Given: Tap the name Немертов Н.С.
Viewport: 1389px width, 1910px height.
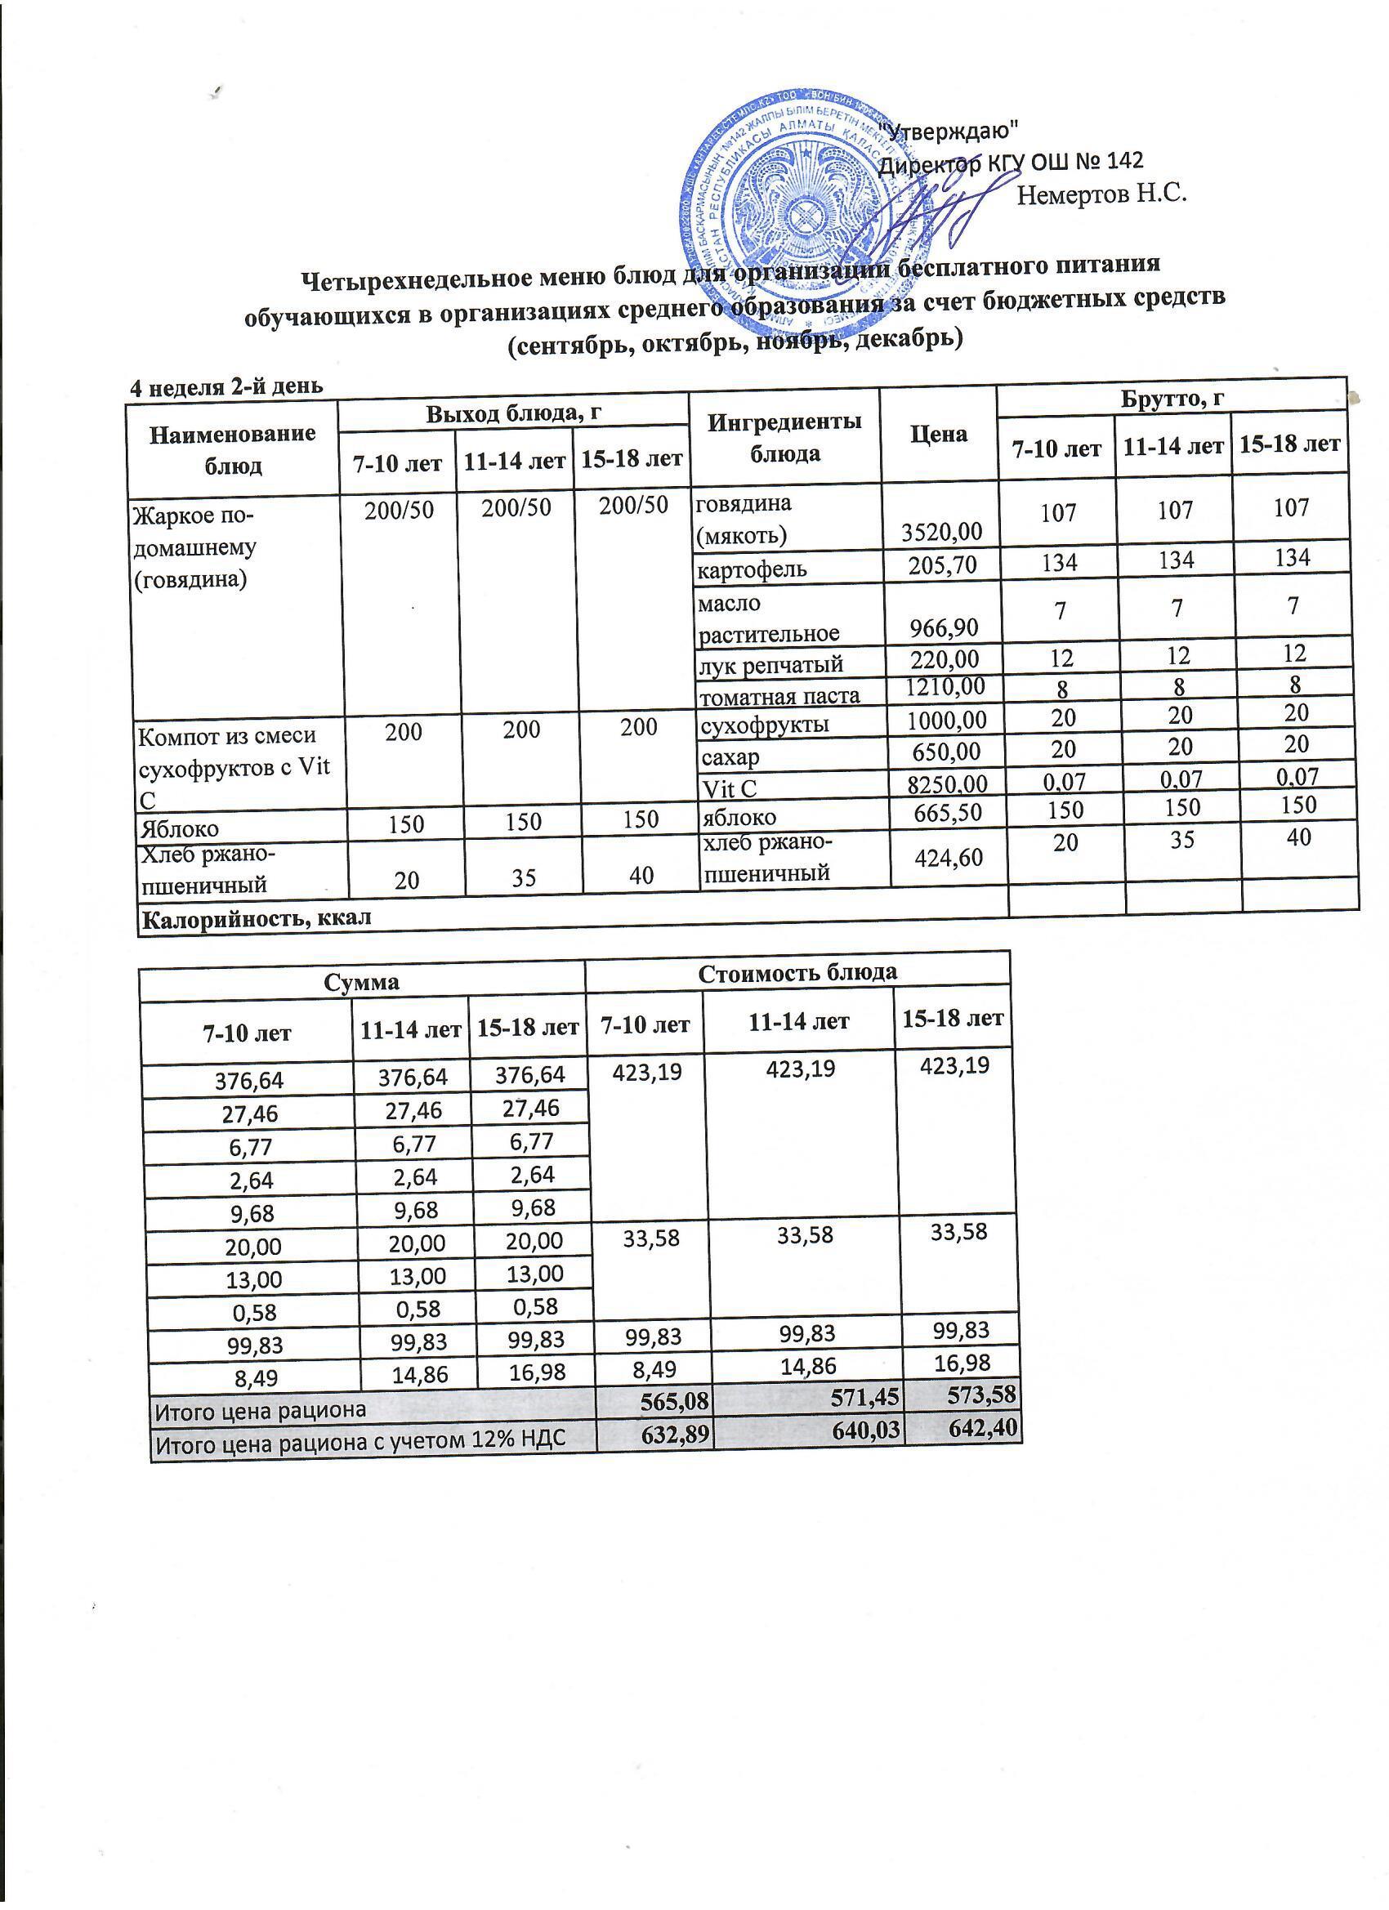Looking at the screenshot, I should click(x=1101, y=195).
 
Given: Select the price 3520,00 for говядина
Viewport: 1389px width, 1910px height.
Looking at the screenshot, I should click(x=941, y=531).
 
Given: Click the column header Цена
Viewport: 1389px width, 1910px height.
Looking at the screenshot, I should click(x=938, y=435).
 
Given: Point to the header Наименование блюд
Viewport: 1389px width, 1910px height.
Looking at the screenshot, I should click(x=233, y=448).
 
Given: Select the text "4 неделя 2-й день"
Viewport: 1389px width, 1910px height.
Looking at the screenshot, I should click(x=225, y=386).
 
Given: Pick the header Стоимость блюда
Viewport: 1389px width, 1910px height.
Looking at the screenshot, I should click(x=797, y=972).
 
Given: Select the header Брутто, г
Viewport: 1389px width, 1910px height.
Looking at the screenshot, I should click(x=1171, y=399).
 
